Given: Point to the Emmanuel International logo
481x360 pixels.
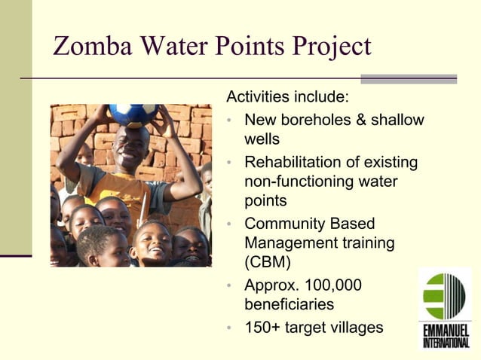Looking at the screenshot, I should (446, 308).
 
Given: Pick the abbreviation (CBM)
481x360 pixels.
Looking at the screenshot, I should (263, 264).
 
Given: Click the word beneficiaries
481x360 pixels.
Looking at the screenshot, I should (290, 306).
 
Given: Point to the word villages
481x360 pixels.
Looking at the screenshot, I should (357, 328).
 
